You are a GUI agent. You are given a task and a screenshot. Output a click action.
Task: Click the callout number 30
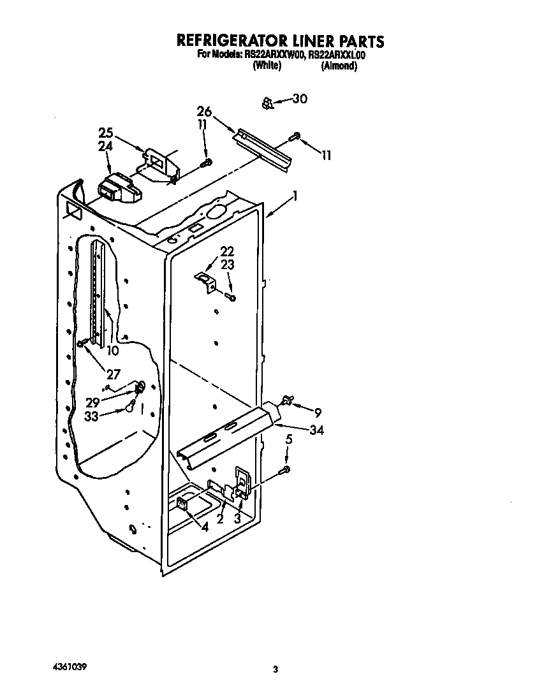(299, 99)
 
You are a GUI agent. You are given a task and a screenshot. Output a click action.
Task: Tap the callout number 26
(204, 112)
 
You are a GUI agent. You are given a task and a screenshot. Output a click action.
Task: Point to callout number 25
(107, 133)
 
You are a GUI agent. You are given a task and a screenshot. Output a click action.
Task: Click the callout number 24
(106, 146)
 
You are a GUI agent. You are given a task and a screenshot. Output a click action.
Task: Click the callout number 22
(228, 251)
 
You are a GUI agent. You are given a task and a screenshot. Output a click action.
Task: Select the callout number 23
(228, 263)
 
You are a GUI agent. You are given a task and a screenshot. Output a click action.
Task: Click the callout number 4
(204, 527)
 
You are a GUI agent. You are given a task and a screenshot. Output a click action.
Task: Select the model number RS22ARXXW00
(275, 55)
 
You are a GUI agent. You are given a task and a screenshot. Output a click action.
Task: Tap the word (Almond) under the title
(338, 66)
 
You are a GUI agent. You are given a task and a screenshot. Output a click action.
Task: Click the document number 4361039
(66, 666)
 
